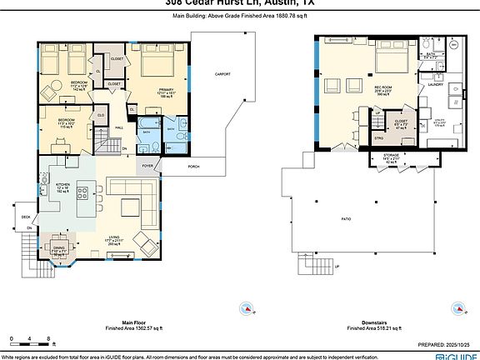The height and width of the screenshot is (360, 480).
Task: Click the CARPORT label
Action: pos(222,74)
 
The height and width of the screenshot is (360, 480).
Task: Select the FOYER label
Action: pos(147,166)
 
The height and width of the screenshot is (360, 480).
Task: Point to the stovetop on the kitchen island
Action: pos(82,192)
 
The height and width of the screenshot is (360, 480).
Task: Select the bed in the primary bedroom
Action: pos(155,64)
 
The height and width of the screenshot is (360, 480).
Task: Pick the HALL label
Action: pos(119,127)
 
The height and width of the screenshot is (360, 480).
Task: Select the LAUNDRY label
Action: pos(434,84)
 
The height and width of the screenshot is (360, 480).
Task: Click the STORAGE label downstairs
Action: pos(391,155)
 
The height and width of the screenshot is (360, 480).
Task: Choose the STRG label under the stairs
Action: pos(377,138)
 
